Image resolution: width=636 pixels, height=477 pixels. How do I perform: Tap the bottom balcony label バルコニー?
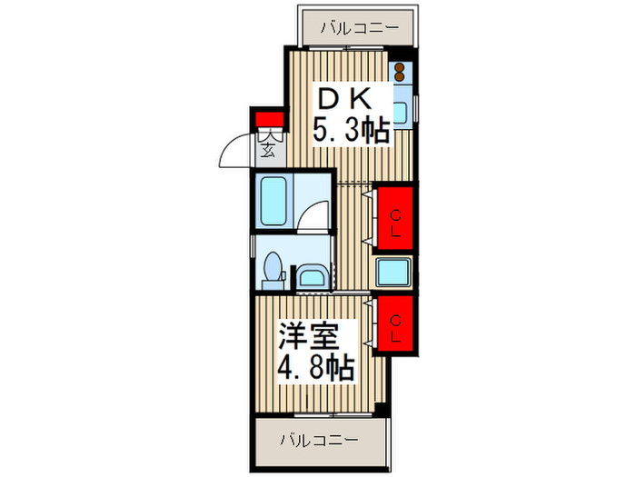(318, 440)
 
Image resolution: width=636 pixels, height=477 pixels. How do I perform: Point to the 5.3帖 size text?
(352, 131)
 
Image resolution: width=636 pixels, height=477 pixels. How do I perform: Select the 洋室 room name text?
(310, 337)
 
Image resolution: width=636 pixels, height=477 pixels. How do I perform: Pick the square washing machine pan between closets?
(394, 271)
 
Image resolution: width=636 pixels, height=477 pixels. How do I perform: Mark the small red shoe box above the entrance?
(267, 119)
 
